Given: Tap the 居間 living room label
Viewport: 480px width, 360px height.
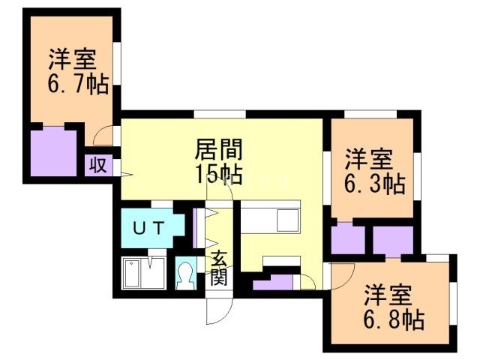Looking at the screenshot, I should tap(218, 147).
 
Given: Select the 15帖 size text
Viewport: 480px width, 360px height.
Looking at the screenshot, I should tap(218, 174).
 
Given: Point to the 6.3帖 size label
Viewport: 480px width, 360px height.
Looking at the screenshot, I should tap(374, 183).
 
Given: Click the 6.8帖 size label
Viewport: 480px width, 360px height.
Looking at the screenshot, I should tap(394, 320).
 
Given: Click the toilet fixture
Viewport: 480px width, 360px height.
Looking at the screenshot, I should tap(184, 277).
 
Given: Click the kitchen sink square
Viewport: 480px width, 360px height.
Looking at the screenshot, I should tap(287, 220).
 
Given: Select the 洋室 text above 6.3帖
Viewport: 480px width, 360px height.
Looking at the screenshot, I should tap(369, 160).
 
